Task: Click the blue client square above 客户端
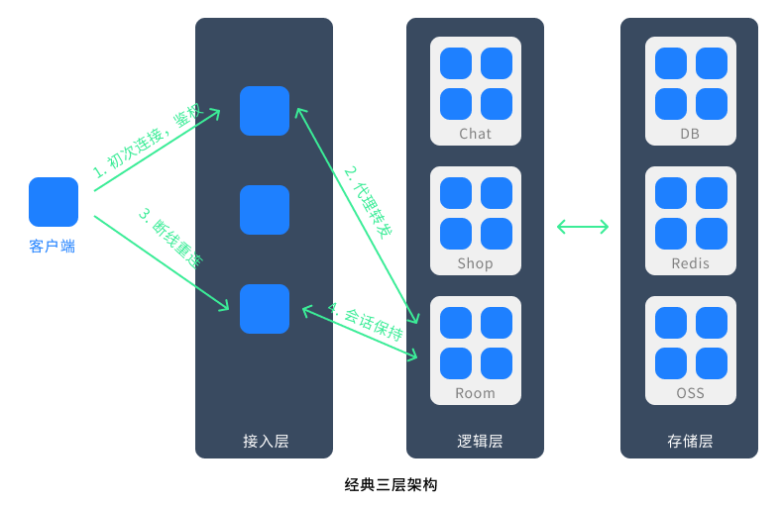click(54, 202)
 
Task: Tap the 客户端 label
click(53, 246)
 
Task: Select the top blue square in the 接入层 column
click(265, 111)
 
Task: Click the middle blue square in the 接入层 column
click(265, 210)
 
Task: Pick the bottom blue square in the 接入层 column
click(265, 309)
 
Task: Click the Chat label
click(476, 134)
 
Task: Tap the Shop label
click(476, 263)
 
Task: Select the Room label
click(476, 393)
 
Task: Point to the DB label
click(690, 134)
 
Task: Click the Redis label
click(690, 263)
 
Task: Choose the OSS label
click(690, 393)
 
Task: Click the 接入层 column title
click(265, 442)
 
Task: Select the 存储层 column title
click(690, 442)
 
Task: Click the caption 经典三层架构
click(391, 485)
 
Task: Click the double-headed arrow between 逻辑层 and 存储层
click(583, 227)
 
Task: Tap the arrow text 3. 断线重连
click(169, 239)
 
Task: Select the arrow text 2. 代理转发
click(368, 202)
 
